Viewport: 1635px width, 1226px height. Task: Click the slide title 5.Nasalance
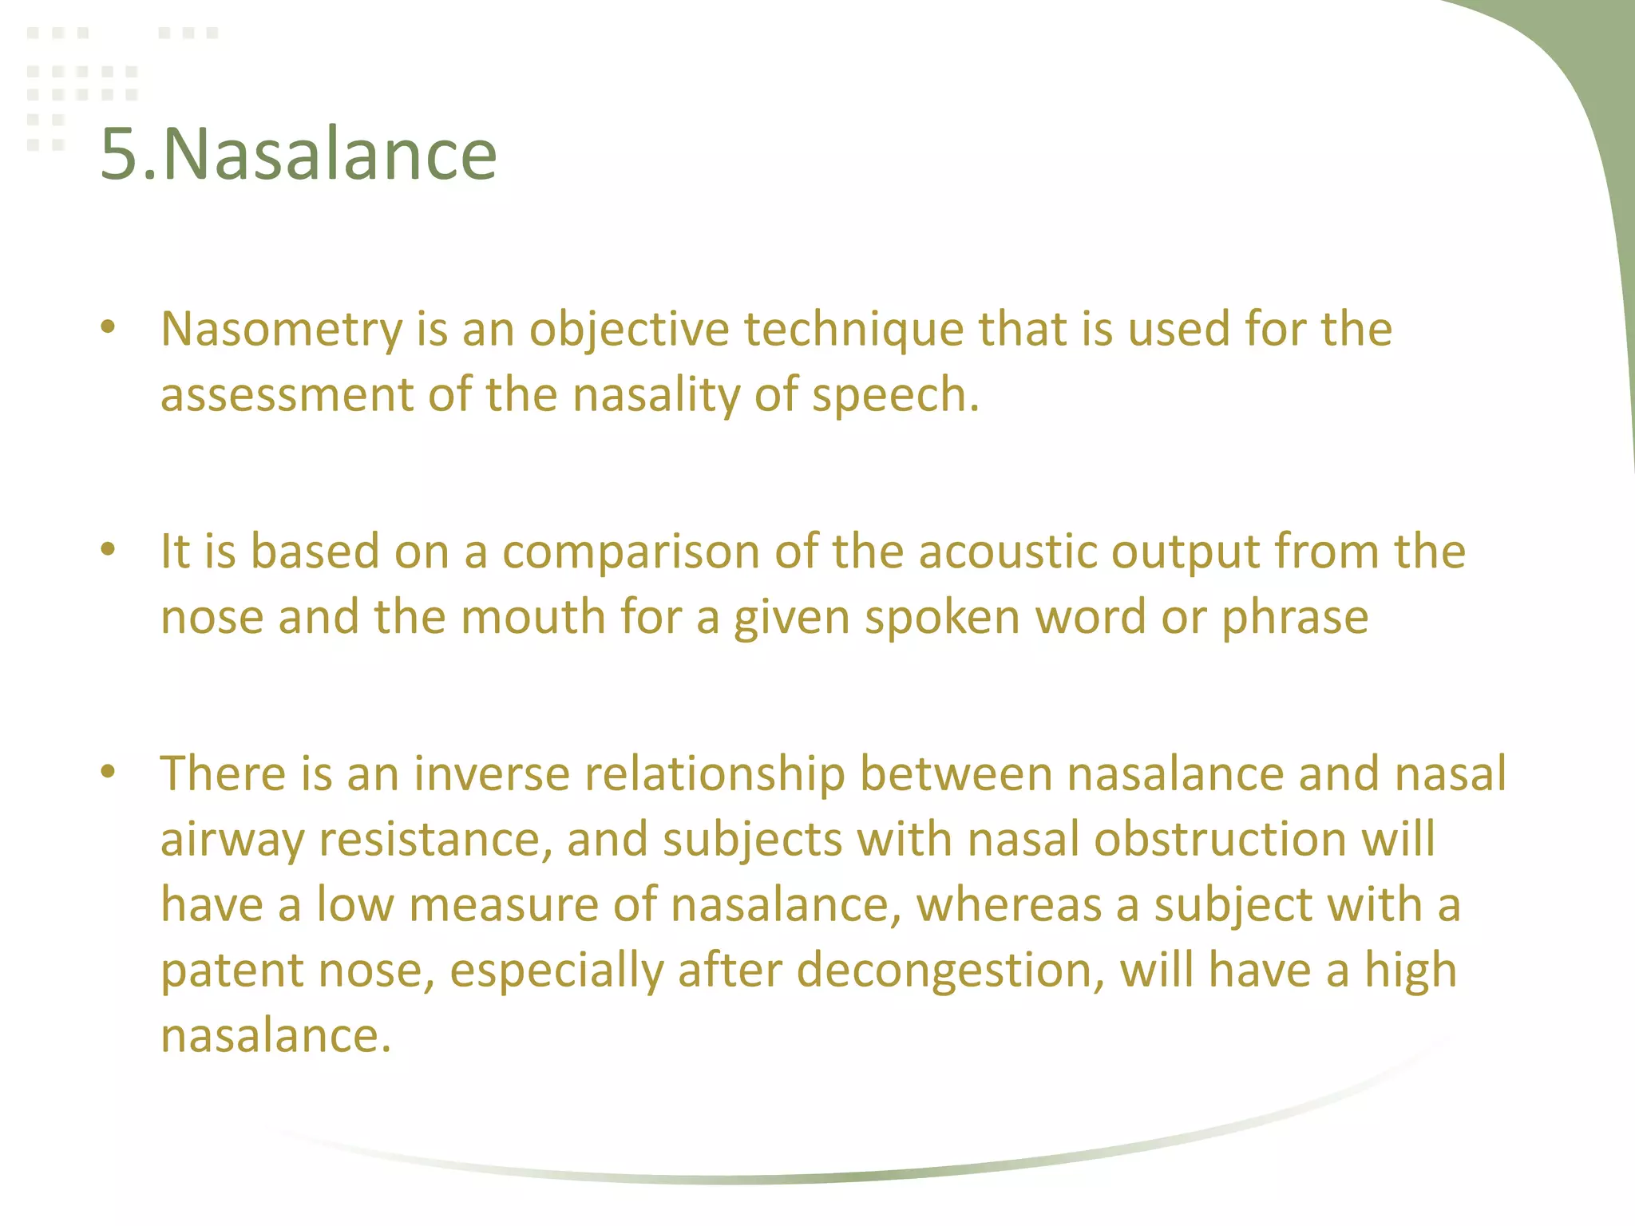[299, 153]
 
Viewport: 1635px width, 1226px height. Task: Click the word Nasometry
[282, 329]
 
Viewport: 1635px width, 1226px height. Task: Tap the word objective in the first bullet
[629, 329]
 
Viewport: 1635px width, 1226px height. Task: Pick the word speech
[894, 394]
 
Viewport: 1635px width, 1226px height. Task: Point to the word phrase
[1295, 617]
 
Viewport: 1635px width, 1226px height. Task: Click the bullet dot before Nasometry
[109, 326]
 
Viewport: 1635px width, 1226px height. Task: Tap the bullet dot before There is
[109, 771]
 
